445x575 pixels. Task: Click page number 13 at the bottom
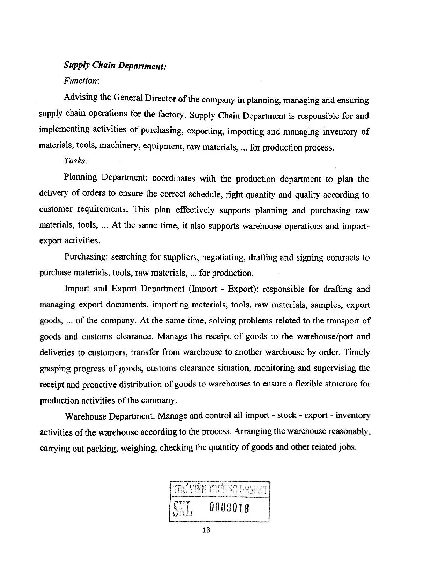coord(206,531)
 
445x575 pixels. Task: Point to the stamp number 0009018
coord(229,506)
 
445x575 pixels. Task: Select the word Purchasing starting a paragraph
coord(87,257)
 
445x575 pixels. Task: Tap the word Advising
coord(81,97)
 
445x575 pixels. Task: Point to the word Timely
coord(357,352)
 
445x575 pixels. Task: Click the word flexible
coord(309,384)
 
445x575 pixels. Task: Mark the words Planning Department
coord(107,178)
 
